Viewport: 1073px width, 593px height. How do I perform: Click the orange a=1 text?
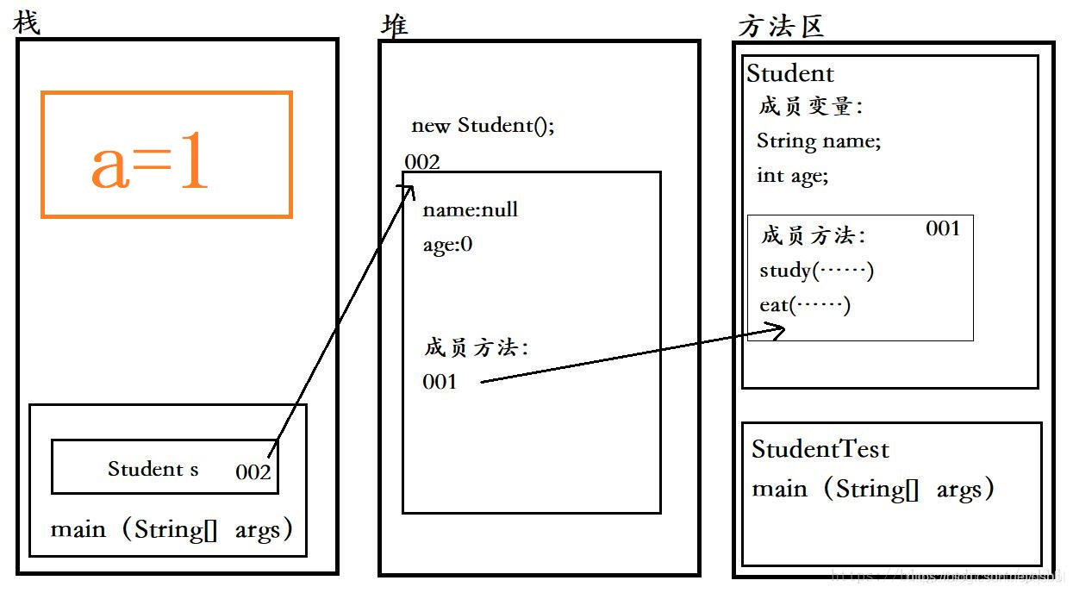(x=150, y=166)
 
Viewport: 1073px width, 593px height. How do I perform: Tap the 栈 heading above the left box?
(x=27, y=23)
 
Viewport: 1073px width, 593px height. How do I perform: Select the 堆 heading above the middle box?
(x=395, y=25)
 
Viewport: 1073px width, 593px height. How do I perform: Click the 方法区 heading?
(x=781, y=26)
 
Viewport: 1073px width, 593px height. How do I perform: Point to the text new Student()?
(x=483, y=126)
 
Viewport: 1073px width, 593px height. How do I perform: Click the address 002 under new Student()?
(x=422, y=162)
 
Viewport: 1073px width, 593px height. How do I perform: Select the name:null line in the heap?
(x=470, y=209)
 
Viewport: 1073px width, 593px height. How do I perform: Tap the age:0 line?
(x=447, y=245)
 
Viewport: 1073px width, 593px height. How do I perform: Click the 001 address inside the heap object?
(x=440, y=382)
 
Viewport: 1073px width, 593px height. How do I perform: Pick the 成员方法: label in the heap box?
(x=476, y=347)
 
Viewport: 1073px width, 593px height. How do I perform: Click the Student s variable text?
(x=153, y=469)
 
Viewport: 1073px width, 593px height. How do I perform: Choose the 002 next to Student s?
(x=253, y=471)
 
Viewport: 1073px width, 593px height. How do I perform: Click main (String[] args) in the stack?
(x=172, y=528)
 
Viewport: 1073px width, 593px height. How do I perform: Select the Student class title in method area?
(x=790, y=73)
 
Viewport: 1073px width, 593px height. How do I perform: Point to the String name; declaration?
(x=819, y=140)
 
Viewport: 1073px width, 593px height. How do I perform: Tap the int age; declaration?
(x=792, y=175)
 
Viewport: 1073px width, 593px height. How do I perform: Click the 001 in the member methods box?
(x=943, y=228)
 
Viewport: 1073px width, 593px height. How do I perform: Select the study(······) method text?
(x=816, y=271)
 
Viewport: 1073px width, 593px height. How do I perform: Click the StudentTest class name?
(x=820, y=449)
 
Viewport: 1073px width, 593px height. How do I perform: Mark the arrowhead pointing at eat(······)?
(x=778, y=330)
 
